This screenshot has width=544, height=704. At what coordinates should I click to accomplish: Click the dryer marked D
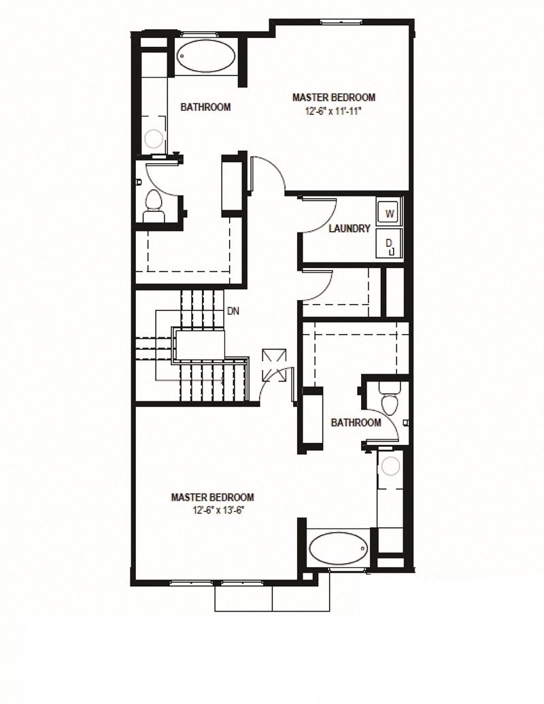pos(390,243)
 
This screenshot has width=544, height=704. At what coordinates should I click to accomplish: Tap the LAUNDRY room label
pos(349,229)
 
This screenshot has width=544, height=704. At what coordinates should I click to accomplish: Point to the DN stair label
pos(233,311)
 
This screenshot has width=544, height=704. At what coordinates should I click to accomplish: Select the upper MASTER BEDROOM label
pos(333,97)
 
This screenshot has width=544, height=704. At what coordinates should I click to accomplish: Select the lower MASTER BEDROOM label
pos(213,497)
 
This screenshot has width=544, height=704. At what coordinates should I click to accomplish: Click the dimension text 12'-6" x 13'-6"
pos(213,509)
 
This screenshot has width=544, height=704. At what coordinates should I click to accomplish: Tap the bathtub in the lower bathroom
pos(338,548)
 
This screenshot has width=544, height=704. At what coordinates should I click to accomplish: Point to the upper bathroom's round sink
pos(154,139)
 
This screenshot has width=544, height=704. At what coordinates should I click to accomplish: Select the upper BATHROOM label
pos(205,107)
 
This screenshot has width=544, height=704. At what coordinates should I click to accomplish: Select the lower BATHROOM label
pos(356,422)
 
